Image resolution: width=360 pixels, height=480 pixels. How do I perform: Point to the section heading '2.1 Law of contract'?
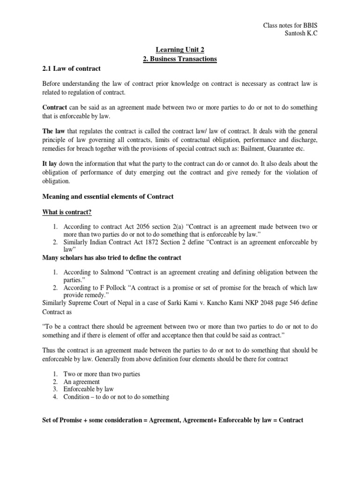(71, 68)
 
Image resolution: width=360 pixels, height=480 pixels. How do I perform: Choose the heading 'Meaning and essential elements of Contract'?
(108, 196)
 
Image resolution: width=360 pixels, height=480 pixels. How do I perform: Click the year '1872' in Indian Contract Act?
(154, 242)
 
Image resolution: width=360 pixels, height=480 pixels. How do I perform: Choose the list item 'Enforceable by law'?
(89, 389)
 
